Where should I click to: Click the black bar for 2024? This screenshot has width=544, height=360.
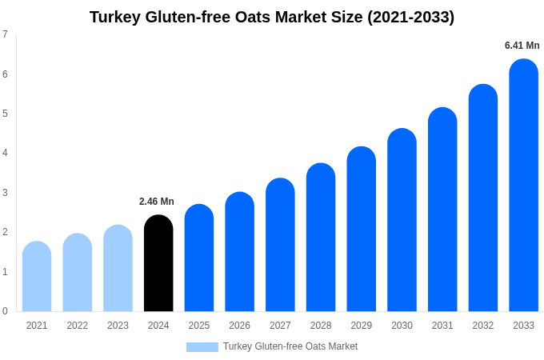pyautogui.click(x=158, y=264)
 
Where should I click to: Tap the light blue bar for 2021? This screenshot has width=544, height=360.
pyautogui.click(x=37, y=277)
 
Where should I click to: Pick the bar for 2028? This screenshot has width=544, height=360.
pyautogui.click(x=321, y=238)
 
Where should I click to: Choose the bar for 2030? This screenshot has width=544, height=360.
pyautogui.click(x=402, y=220)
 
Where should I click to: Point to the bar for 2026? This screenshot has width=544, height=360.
pyautogui.click(x=239, y=252)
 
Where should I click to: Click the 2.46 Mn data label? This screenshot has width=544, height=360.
pyautogui.click(x=157, y=202)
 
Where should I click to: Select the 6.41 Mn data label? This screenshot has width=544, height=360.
pyautogui.click(x=522, y=46)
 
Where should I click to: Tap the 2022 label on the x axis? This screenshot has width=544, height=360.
pyautogui.click(x=78, y=326)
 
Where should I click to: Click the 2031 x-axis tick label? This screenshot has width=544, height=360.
pyautogui.click(x=442, y=326)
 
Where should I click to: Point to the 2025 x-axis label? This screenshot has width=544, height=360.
pyautogui.click(x=199, y=326)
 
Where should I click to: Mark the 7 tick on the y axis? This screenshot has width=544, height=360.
pyautogui.click(x=5, y=34)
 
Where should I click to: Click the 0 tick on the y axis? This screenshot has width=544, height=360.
pyautogui.click(x=5, y=311)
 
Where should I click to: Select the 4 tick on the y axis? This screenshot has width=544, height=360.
pyautogui.click(x=5, y=153)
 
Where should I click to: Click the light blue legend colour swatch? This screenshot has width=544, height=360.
pyautogui.click(x=202, y=347)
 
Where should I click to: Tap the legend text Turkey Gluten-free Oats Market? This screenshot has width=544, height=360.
pyautogui.click(x=290, y=346)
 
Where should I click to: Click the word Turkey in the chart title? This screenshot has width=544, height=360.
pyautogui.click(x=115, y=17)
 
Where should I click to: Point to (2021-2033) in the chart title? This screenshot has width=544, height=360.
pyautogui.click(x=410, y=17)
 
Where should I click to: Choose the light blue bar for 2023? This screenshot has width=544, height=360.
pyautogui.click(x=118, y=269)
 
